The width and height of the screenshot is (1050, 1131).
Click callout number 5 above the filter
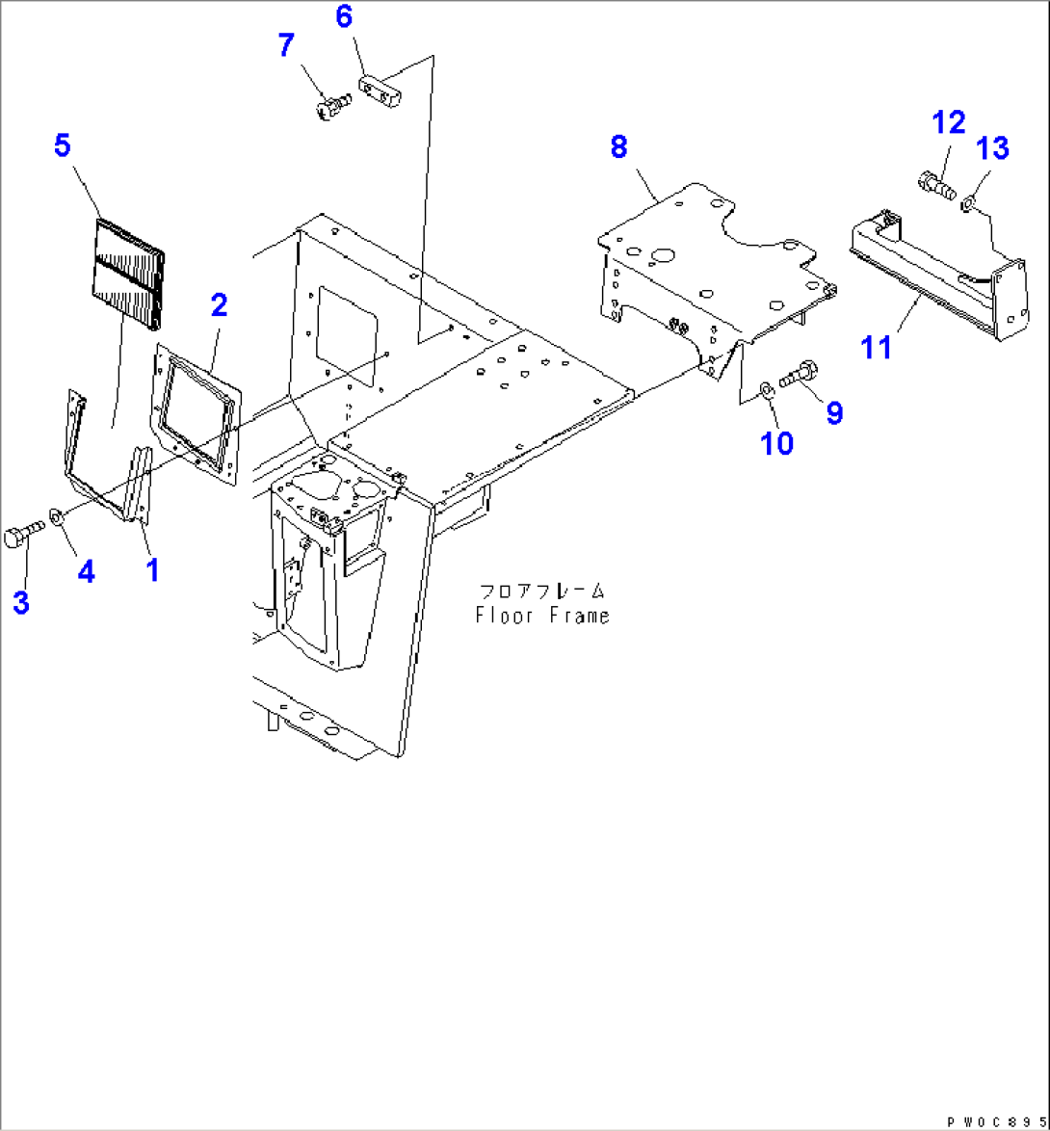tap(62, 146)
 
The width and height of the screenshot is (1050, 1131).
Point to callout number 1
tap(152, 570)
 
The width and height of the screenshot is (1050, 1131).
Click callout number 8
tap(618, 147)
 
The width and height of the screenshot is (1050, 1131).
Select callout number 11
tap(877, 347)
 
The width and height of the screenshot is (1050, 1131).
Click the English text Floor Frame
tap(542, 616)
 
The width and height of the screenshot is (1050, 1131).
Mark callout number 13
tap(992, 148)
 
